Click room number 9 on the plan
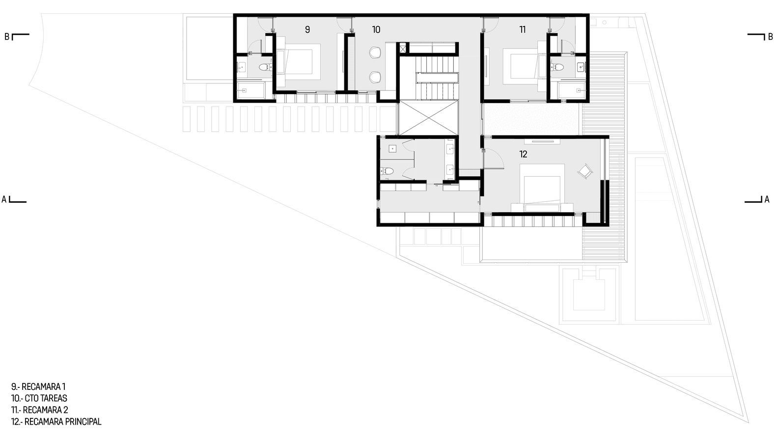pyautogui.click(x=307, y=30)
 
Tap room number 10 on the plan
pyautogui.click(x=376, y=30)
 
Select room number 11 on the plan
pyautogui.click(x=523, y=30)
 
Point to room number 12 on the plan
pyautogui.click(x=523, y=154)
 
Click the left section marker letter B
pyautogui.click(x=6, y=37)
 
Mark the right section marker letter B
pyautogui.click(x=771, y=37)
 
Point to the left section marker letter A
pyautogui.click(x=4, y=199)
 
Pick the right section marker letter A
pyautogui.click(x=767, y=199)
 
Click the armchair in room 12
pyautogui.click(x=585, y=171)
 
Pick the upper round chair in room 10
pyautogui.click(x=375, y=53)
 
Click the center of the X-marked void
pyautogui.click(x=429, y=117)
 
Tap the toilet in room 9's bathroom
pyautogui.click(x=266, y=67)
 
